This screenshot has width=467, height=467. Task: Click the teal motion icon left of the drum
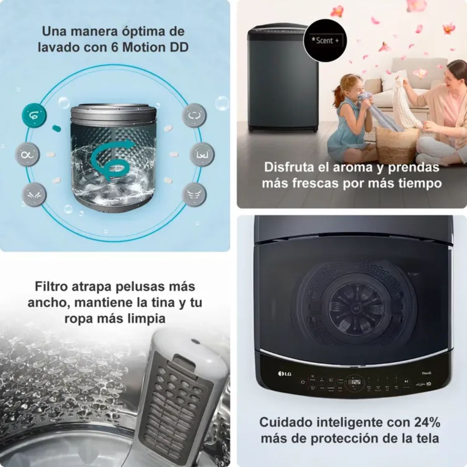click(x=34, y=115)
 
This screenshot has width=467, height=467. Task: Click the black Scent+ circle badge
click(x=325, y=40)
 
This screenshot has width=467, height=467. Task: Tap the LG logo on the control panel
click(x=284, y=374)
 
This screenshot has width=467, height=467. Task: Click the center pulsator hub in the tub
click(x=354, y=304)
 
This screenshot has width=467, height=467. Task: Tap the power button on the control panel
click(x=302, y=382)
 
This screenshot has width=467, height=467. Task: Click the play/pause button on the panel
click(x=406, y=381)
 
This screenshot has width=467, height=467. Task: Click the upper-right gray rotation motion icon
click(x=194, y=115)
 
